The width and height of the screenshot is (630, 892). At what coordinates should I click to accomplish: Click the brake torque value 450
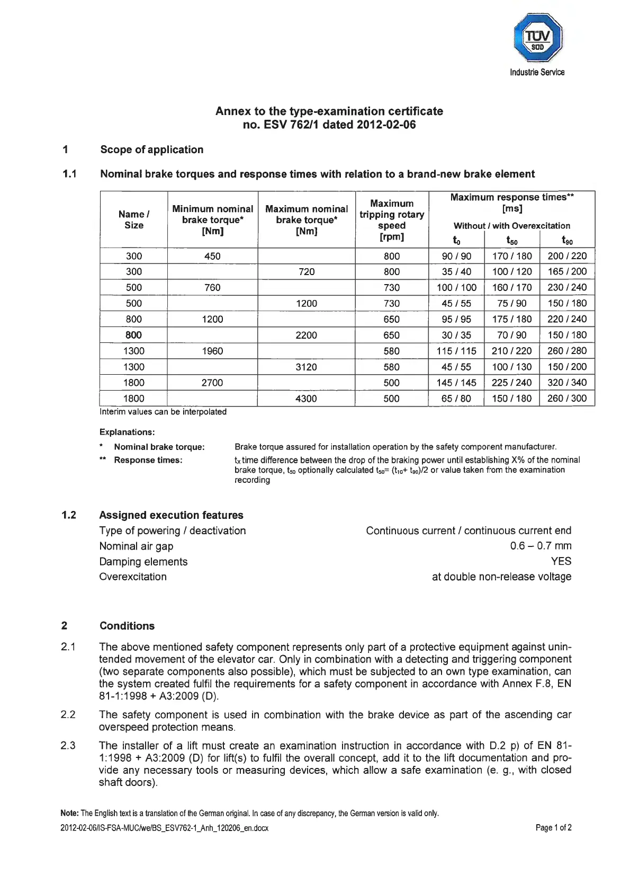tap(212, 256)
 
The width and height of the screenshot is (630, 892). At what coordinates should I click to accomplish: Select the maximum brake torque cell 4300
tap(306, 399)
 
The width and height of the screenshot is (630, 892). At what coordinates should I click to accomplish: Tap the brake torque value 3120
tap(306, 367)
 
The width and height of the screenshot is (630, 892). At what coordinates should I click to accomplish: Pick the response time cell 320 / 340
tap(567, 383)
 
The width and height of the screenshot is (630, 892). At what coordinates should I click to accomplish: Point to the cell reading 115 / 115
tap(456, 351)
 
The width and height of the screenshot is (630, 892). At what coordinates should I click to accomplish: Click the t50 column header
tap(512, 241)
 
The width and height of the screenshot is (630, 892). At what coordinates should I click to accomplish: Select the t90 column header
tap(567, 241)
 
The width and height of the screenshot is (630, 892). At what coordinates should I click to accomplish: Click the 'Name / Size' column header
tap(134, 219)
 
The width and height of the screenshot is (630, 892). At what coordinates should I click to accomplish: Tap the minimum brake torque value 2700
tap(212, 383)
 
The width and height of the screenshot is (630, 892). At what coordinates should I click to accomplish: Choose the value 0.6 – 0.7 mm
tap(541, 546)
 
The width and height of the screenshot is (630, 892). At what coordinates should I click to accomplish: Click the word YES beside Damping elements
tap(561, 561)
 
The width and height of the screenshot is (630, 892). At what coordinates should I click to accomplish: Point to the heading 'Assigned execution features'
tap(171, 515)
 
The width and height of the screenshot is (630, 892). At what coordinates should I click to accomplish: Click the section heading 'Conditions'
tap(127, 626)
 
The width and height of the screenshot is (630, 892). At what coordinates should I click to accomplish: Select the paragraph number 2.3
tap(68, 746)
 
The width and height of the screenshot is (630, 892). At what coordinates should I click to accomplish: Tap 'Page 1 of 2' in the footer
tap(553, 828)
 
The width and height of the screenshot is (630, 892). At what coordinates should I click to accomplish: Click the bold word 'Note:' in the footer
tap(70, 813)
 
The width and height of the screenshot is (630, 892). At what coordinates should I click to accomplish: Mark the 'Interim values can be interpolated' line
tap(163, 412)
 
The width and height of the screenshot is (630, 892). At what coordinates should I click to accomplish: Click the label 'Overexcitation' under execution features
tap(133, 577)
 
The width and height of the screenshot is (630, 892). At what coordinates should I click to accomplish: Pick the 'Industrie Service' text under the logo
tap(537, 72)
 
